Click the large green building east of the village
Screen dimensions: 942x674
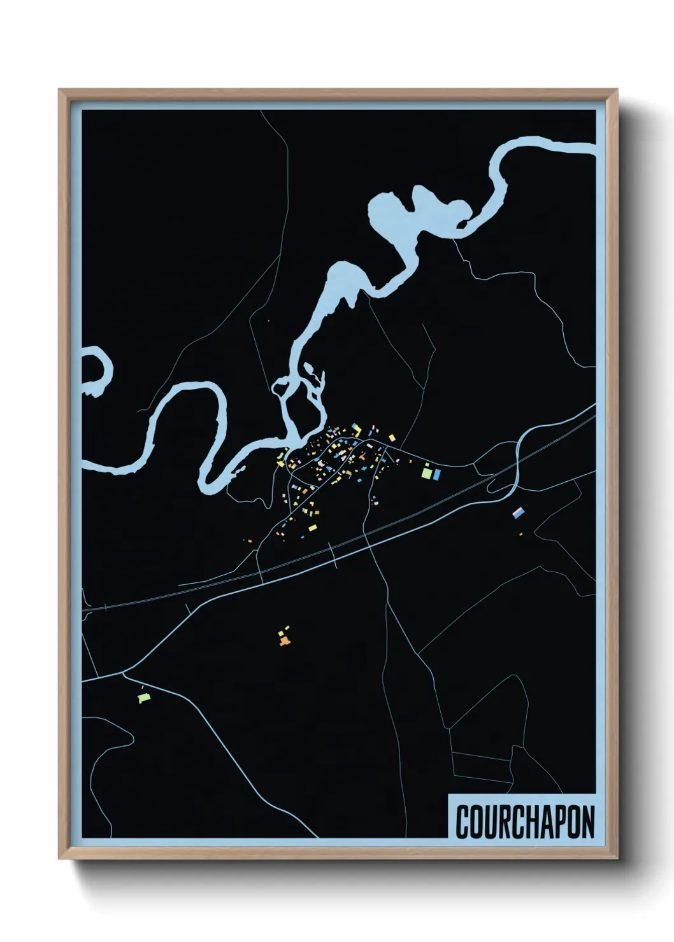(x=426, y=474)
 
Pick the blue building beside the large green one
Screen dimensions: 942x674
(x=437, y=474)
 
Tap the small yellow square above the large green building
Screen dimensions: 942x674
(x=427, y=465)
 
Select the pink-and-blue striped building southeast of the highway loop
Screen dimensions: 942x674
(x=519, y=511)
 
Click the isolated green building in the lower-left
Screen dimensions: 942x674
(x=143, y=698)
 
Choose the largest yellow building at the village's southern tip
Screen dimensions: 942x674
(x=313, y=528)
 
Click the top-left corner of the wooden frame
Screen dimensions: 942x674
(x=59, y=90)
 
